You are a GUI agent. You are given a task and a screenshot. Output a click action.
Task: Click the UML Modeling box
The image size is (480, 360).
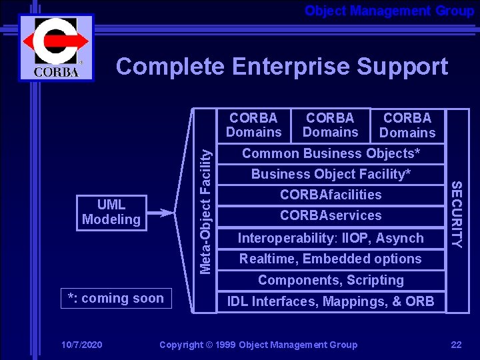point(111,213)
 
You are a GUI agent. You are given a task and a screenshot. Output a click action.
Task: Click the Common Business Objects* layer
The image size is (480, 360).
point(331,153)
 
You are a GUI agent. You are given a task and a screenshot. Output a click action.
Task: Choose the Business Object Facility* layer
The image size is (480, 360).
point(331,174)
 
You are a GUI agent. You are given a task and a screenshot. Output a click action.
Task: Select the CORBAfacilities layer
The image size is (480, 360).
point(331,195)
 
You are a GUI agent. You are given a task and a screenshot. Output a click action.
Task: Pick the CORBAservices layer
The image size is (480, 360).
point(331,215)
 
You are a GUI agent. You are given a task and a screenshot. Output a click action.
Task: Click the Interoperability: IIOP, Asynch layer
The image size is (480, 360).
point(331,238)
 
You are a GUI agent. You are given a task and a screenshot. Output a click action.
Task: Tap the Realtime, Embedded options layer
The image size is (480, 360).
point(331,259)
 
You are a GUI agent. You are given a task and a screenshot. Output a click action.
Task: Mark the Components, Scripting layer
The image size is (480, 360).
point(331,280)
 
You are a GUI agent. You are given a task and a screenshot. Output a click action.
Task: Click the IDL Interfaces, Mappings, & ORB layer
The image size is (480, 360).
point(331,301)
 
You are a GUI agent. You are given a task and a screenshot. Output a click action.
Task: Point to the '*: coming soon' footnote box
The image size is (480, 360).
point(115,298)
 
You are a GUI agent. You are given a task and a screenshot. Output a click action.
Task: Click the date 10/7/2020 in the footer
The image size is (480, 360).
point(81,345)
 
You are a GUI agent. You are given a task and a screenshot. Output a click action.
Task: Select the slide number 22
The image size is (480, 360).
point(456,345)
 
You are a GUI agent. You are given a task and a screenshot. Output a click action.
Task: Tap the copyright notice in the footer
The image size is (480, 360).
point(258,345)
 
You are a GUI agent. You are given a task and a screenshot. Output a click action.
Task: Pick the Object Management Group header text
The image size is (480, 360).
point(389,11)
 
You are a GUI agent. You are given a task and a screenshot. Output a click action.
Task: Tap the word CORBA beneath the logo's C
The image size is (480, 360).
point(55,72)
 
